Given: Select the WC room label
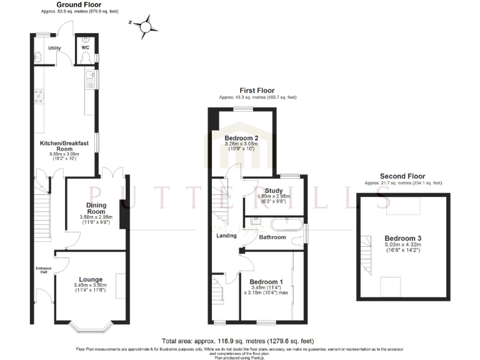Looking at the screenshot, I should click(85, 46).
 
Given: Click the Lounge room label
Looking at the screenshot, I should click(91, 279).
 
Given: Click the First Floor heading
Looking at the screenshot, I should click(257, 91).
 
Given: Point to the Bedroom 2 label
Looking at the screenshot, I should click(241, 138).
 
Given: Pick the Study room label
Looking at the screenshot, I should click(274, 191).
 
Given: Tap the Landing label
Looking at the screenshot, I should click(227, 236).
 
